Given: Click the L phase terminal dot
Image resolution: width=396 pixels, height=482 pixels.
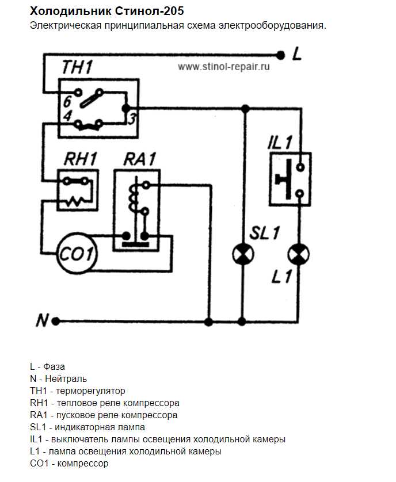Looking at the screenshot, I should (x=281, y=55).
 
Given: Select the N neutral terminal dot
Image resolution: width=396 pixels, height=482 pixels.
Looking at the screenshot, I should (x=56, y=321).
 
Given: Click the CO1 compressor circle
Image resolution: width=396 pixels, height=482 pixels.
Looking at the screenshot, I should (x=77, y=253).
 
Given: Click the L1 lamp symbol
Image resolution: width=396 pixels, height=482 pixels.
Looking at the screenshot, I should (x=298, y=254).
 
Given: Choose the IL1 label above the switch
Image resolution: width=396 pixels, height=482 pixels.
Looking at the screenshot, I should (x=280, y=142).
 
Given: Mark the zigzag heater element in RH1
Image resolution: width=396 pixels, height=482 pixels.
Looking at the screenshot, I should (x=75, y=200).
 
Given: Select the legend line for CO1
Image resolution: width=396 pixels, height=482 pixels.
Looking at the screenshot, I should (x=69, y=464).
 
